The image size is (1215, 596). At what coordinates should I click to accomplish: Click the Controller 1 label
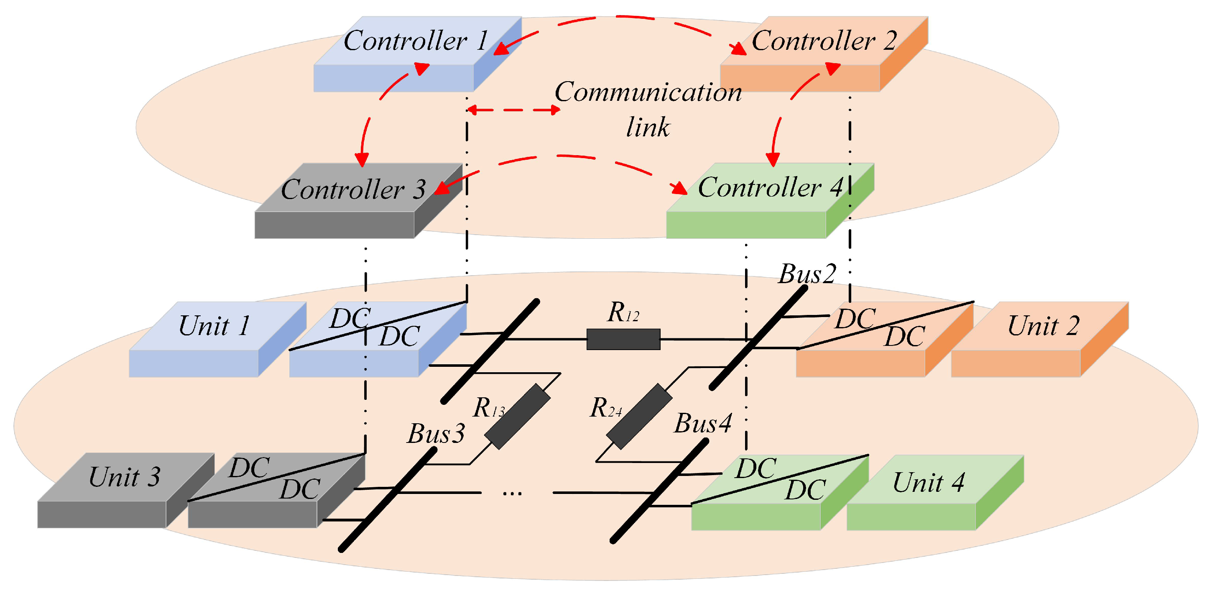[415, 41]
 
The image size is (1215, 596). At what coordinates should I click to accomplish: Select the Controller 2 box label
[824, 41]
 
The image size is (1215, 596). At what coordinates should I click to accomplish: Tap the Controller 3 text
[353, 190]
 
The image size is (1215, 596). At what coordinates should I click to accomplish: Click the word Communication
[648, 92]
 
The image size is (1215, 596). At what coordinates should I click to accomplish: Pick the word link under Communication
[648, 128]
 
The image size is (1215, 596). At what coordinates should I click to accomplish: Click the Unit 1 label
[214, 326]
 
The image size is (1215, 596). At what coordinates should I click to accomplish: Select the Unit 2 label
[1043, 326]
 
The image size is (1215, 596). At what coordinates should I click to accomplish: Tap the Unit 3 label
[125, 477]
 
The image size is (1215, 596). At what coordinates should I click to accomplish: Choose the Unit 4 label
[928, 483]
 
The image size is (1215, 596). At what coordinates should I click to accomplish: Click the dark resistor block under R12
[623, 339]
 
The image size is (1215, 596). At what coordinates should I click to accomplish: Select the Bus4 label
[703, 423]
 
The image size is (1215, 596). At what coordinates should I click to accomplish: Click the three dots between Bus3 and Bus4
[512, 494]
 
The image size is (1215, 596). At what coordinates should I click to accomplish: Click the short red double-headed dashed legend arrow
[513, 110]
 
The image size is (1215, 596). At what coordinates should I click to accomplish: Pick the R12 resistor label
[623, 313]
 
